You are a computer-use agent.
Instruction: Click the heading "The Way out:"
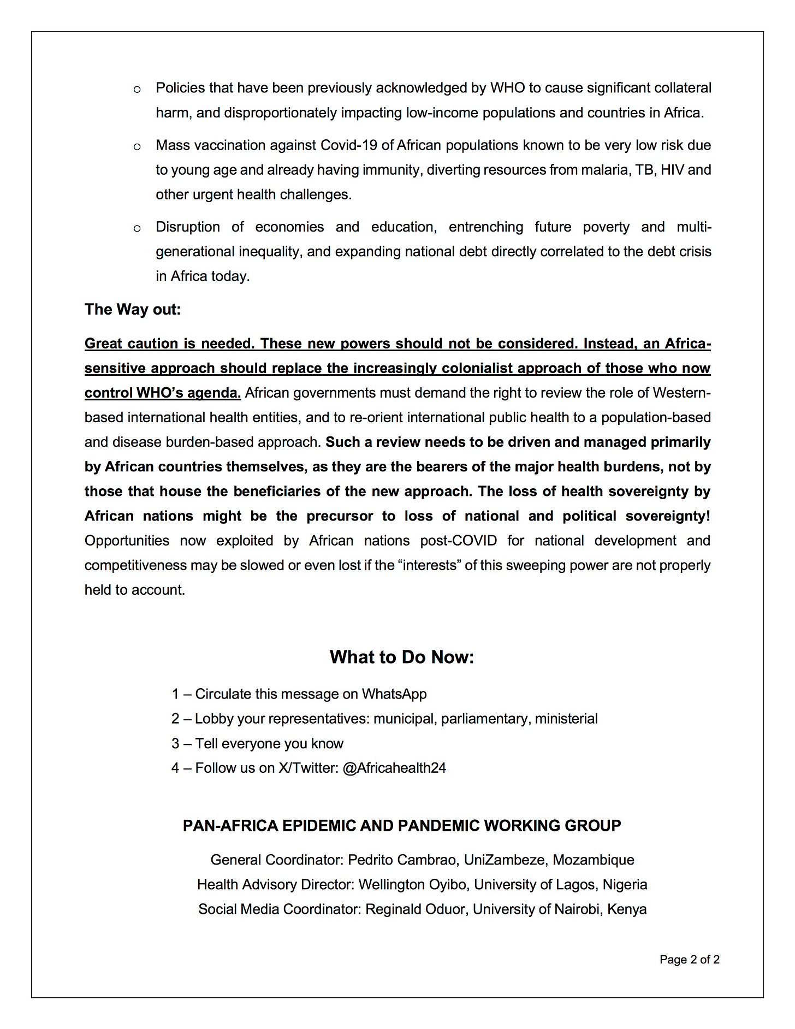tap(133, 310)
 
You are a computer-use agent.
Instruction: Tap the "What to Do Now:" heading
tap(401, 657)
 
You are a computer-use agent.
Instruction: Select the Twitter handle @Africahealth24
tap(394, 768)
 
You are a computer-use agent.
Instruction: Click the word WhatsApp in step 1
tap(394, 694)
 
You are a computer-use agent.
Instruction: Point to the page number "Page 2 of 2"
tap(689, 959)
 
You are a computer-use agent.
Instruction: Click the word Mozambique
tap(594, 860)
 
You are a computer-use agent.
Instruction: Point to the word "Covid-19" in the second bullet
tap(346, 145)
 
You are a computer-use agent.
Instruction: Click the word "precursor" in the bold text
tap(340, 516)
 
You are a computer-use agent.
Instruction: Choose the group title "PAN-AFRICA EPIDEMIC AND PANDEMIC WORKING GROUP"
tap(402, 825)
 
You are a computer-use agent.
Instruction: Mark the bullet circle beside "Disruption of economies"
tap(137, 228)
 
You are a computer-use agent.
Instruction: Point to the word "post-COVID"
tap(459, 541)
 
